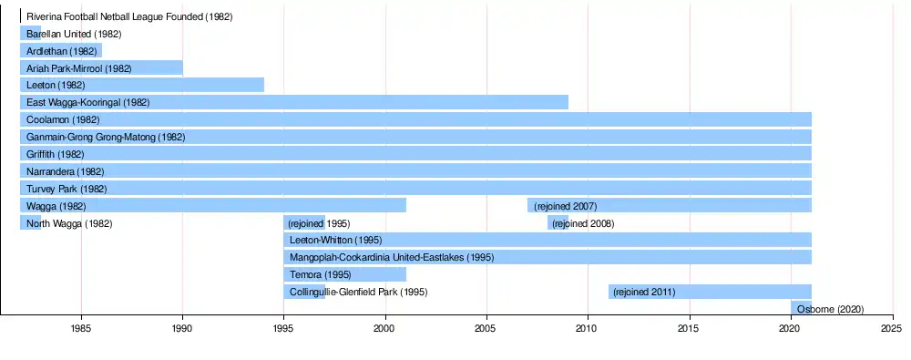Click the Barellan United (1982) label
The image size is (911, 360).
[x=74, y=34]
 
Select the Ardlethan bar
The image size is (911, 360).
[x=61, y=51]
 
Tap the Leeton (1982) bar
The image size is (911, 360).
[x=142, y=85]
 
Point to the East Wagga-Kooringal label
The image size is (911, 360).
[x=88, y=102]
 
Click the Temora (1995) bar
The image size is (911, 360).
[x=345, y=274]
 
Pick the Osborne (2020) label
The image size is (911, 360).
[x=830, y=309]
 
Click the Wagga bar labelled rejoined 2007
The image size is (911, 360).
[x=670, y=205]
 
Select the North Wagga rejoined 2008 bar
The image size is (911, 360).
[x=558, y=222]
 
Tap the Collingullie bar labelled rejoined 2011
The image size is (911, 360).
[x=710, y=292]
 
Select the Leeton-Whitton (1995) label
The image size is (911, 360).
[x=335, y=240]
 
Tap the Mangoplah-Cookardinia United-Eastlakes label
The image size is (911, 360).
[x=392, y=257]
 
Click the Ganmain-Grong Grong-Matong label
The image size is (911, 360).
[x=106, y=138]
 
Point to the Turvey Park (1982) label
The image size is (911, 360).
[x=67, y=189]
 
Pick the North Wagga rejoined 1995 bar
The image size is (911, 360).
[x=304, y=222]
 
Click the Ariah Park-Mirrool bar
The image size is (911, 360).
[x=102, y=68]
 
